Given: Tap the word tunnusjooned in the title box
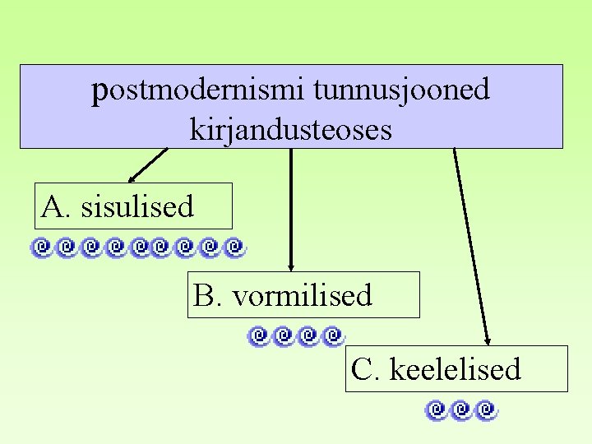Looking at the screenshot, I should click(401, 90).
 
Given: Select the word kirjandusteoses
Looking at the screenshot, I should click(290, 129).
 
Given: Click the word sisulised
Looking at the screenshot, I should click(137, 206).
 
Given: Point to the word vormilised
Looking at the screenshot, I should click(303, 295).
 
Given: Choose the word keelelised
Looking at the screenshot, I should click(455, 369).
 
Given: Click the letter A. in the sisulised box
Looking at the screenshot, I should click(56, 206).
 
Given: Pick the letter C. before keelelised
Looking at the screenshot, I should click(365, 369).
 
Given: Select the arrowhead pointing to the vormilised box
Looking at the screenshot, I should click(291, 266).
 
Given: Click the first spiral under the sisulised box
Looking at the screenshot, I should click(41, 245).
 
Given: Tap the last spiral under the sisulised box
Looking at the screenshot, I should click(236, 245).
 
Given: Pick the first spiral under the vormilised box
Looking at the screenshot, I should click(258, 335).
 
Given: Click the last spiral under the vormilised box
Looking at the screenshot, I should click(332, 335).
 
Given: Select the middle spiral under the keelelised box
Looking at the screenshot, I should click(462, 409).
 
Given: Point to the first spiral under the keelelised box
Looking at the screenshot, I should click(437, 409).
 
